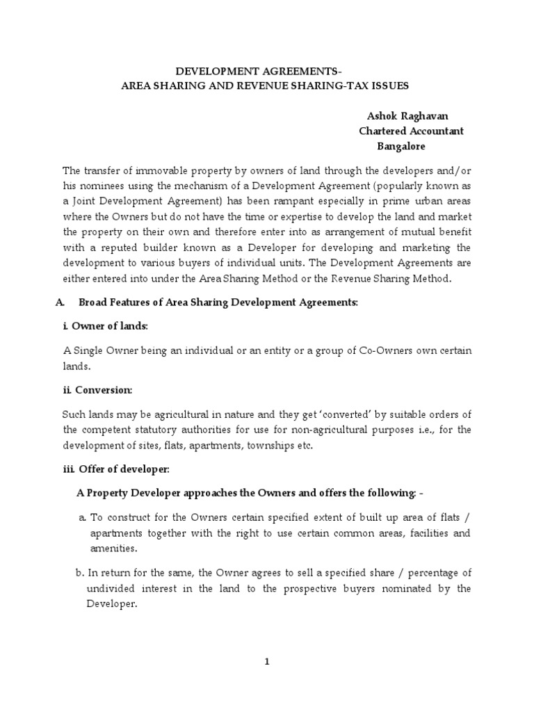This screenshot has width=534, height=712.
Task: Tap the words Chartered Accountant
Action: click(411, 131)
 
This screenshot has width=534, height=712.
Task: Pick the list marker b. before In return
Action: click(80, 573)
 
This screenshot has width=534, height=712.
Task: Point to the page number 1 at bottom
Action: click(267, 662)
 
